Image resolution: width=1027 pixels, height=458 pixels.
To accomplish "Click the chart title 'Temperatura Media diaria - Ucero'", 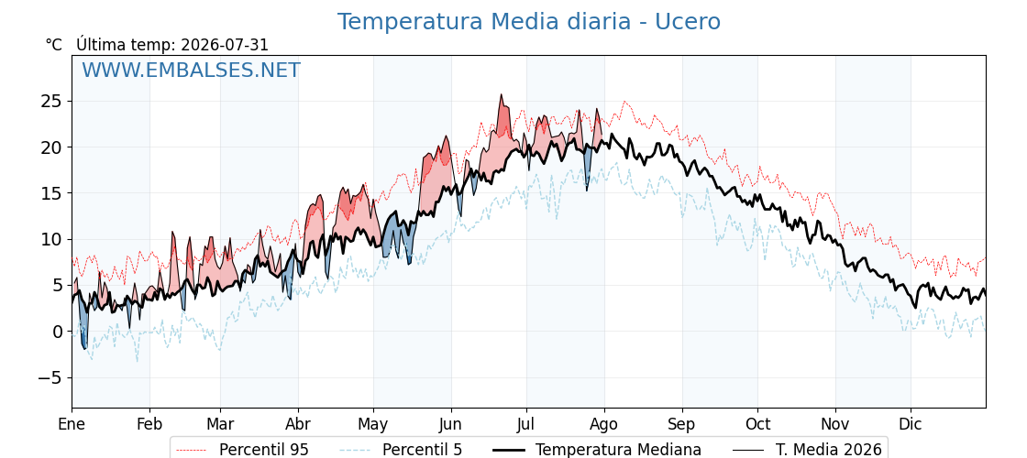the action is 528,22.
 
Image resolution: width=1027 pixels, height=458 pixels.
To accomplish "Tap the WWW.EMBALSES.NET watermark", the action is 191,70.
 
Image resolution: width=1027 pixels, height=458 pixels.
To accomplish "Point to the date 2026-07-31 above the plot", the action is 224,45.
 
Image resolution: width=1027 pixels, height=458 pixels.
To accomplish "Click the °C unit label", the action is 54,45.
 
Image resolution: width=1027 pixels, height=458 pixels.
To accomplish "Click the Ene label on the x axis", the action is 72,425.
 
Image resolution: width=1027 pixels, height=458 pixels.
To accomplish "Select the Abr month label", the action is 298,425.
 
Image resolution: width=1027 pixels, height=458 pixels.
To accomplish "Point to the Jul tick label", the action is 526,425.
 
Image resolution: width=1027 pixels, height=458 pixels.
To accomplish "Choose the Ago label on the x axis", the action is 604,425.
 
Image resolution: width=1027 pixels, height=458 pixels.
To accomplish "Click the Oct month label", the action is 757,425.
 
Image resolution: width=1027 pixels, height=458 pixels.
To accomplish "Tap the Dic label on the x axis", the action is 911,425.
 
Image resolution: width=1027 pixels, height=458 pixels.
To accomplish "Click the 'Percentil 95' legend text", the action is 264,450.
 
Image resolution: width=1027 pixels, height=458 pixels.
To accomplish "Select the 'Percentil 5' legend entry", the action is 423,450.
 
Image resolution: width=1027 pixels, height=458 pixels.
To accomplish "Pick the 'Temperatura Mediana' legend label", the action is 618,450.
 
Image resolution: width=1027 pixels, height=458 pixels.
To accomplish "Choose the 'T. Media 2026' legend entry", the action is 829,450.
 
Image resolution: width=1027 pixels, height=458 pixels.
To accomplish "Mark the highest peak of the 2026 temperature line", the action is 501,95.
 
